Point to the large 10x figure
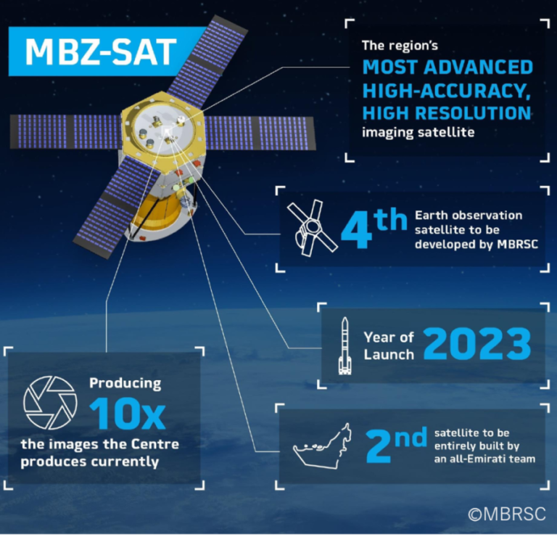[127, 414]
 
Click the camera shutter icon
[49, 402]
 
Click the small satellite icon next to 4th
[310, 227]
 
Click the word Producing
[125, 382]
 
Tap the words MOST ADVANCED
[447, 68]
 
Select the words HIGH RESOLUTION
[446, 113]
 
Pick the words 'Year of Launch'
[389, 345]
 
